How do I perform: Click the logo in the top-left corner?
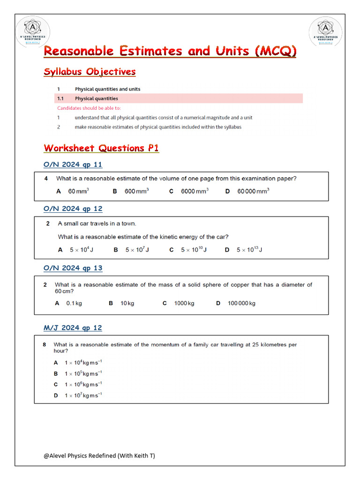(x=31, y=31)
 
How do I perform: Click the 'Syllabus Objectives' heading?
(x=90, y=72)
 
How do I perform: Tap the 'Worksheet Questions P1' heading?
(x=101, y=148)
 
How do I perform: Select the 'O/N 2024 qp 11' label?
(x=73, y=165)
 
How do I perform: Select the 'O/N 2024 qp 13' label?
(x=73, y=268)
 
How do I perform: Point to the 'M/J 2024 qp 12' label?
(x=73, y=328)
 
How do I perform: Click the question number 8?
(x=44, y=345)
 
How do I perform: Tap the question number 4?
(x=46, y=179)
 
